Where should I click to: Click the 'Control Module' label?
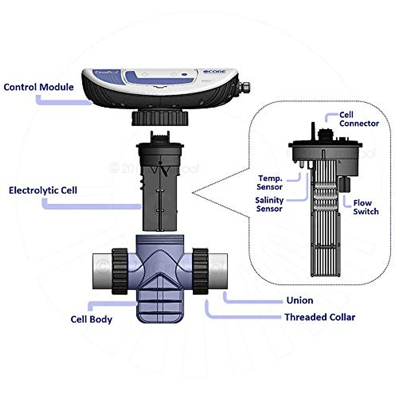click(38, 87)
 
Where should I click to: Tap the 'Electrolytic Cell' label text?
click(43, 190)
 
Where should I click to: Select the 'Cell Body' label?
click(91, 319)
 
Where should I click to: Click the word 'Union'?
click(299, 300)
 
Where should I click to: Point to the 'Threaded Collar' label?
click(319, 317)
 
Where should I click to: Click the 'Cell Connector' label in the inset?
click(359, 119)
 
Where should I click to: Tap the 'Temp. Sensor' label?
click(270, 183)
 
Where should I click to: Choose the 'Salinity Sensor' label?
click(269, 204)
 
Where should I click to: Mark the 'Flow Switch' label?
click(365, 207)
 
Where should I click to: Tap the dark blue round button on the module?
click(184, 75)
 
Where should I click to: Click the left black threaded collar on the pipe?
click(120, 271)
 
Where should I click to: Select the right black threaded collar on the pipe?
click(200, 271)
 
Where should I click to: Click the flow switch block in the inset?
click(345, 184)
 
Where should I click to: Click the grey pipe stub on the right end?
click(218, 271)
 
